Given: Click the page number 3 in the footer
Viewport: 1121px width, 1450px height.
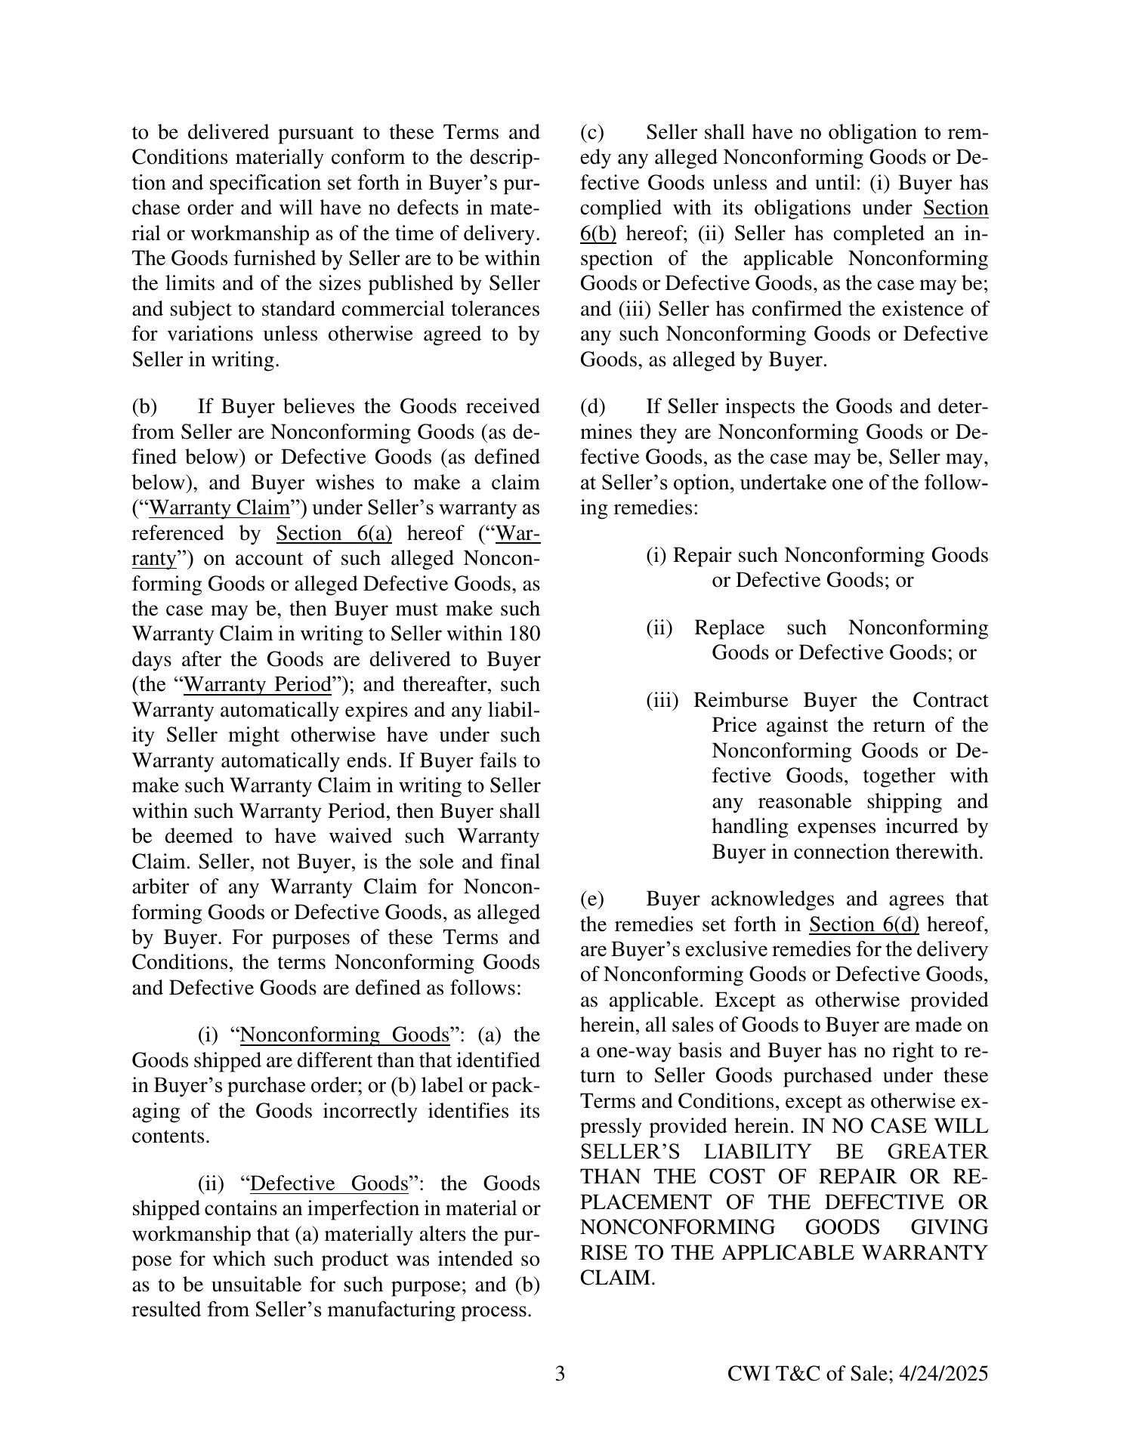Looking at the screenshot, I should click(x=560, y=1374).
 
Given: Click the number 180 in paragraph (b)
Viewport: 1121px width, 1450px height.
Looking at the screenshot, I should click(x=524, y=634).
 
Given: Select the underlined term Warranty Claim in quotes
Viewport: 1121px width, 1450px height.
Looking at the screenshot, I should click(x=219, y=508).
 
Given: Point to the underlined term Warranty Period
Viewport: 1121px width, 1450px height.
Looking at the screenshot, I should click(x=258, y=685).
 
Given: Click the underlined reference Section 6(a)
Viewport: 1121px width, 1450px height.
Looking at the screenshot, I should click(x=334, y=534).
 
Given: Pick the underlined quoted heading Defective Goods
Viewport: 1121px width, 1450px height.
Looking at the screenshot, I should click(x=329, y=1183).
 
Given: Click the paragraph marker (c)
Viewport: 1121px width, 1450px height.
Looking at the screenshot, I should click(x=592, y=133).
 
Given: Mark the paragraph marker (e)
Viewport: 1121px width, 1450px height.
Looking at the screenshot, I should click(x=592, y=899).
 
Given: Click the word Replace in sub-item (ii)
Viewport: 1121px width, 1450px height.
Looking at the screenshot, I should click(x=728, y=628).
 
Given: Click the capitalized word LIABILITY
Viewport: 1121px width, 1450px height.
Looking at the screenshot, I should click(x=758, y=1152).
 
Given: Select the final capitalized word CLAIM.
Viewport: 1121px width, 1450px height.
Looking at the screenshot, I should click(x=616, y=1278).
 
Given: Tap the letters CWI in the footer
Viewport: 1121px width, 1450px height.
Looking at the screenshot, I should click(x=749, y=1374).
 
